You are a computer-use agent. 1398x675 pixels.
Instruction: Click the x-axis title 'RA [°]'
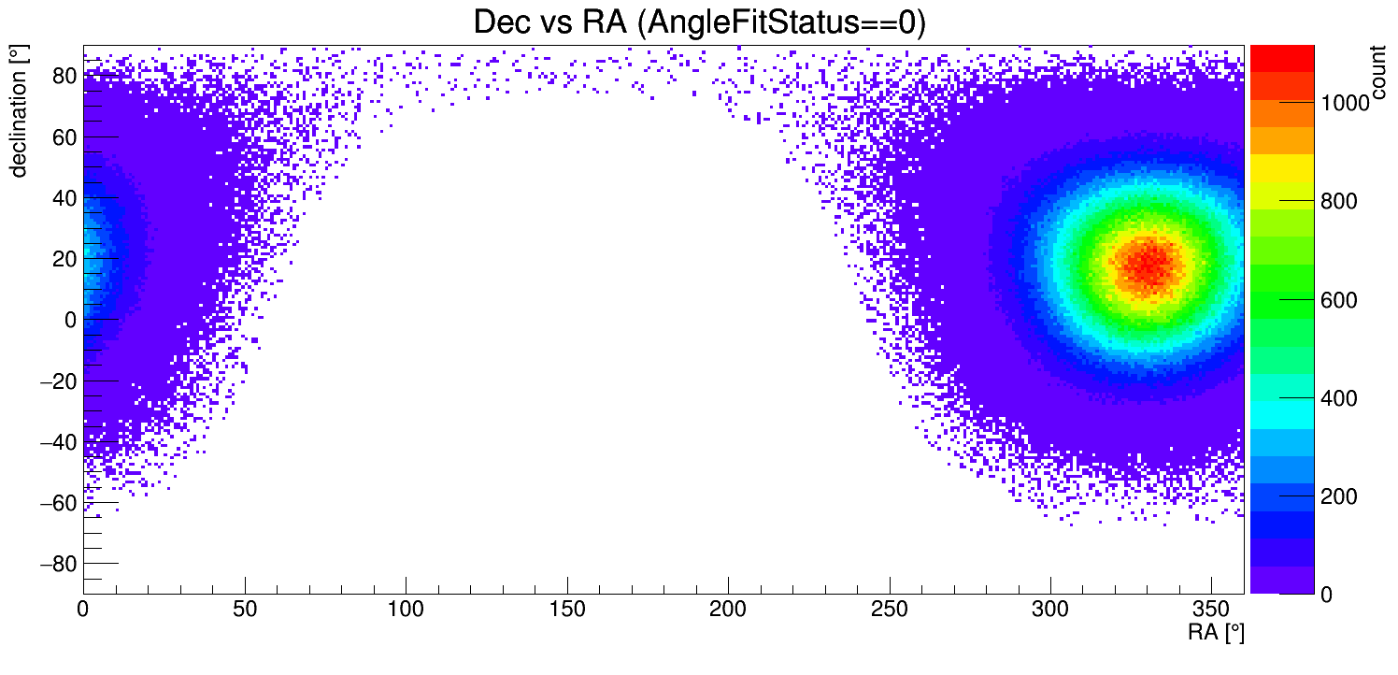[x=1216, y=633]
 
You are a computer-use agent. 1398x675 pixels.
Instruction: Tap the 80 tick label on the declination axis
[x=64, y=76]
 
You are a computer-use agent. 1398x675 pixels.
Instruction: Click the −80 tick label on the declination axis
[x=56, y=564]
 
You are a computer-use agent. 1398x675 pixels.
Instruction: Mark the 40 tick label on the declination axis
[x=64, y=198]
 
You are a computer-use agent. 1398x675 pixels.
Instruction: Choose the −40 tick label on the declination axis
[x=56, y=442]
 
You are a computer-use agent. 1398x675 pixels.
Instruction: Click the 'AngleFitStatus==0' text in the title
[x=780, y=22]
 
